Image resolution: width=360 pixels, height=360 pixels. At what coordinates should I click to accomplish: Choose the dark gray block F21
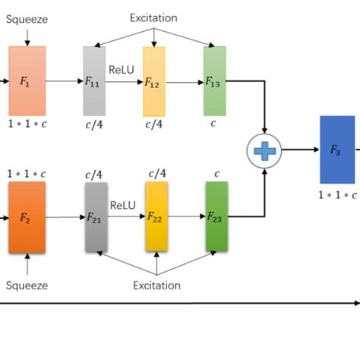(95, 216)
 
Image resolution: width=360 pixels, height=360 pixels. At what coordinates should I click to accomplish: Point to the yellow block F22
(156, 216)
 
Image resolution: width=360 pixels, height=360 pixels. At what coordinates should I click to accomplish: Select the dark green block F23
(216, 216)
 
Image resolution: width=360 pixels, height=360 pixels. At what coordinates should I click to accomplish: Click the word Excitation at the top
(153, 16)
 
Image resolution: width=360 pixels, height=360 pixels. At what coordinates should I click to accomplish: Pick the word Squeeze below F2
(27, 286)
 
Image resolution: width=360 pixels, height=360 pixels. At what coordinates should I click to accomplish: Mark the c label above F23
(216, 174)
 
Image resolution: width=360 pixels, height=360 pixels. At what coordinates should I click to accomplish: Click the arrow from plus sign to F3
(300, 150)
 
